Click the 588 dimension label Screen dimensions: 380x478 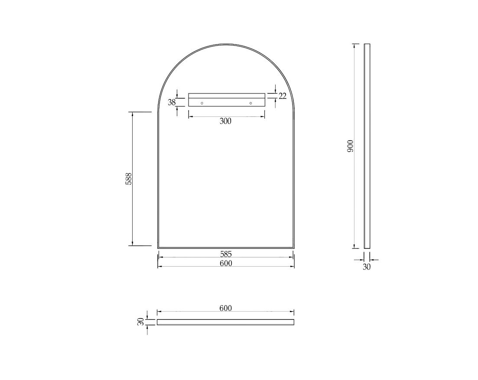click(129, 179)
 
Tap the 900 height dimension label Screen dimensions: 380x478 click(351, 146)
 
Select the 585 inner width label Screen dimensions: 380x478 click(226, 254)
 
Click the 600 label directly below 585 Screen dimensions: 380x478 click(226, 263)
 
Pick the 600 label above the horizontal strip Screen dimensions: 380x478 click(225, 308)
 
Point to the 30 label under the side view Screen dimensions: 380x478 click(367, 267)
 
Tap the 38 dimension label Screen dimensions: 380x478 click(172, 103)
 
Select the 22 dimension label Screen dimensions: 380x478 click(283, 96)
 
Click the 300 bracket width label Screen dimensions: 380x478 click(225, 121)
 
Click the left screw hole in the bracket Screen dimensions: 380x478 click(202, 103)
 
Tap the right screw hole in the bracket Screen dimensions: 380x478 click(250, 103)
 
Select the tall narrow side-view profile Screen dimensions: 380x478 click(367, 146)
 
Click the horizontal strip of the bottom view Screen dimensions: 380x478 click(225, 322)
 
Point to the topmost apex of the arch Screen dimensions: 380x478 click(226, 44)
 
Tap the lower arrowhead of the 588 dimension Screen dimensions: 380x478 click(133, 244)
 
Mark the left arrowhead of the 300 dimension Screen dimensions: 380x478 click(190, 116)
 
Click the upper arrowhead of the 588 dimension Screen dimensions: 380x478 click(133, 114)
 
